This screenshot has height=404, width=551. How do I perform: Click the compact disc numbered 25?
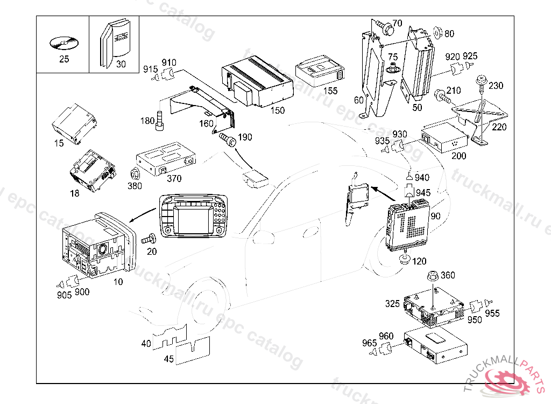tap(63, 42)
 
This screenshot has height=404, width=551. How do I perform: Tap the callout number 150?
tap(277, 110)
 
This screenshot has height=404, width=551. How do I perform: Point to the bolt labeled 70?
tap(384, 25)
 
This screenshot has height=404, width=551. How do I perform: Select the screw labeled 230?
tap(480, 83)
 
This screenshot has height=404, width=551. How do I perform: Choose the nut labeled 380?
tap(135, 174)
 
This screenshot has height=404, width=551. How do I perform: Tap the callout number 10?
tap(118, 281)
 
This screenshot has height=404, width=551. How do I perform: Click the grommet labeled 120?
tap(402, 261)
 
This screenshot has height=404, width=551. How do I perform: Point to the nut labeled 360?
tap(432, 276)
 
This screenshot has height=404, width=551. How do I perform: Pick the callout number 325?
tap(392, 304)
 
